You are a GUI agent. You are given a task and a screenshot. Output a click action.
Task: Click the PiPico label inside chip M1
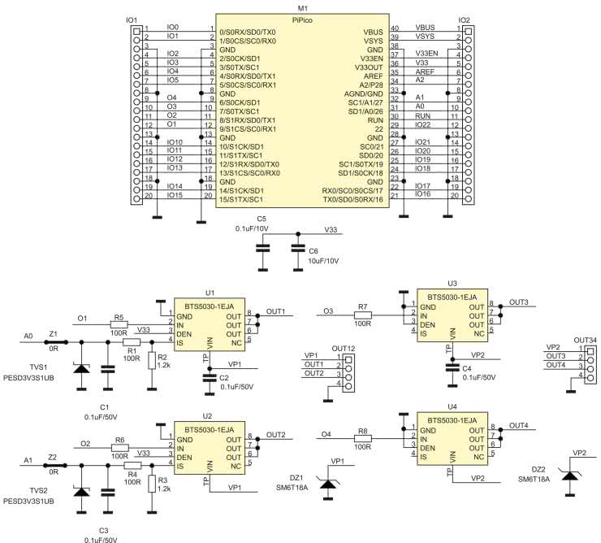click(303, 18)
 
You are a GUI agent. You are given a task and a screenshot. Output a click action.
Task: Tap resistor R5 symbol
click(119, 325)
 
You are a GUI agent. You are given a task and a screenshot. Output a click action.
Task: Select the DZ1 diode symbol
click(328, 485)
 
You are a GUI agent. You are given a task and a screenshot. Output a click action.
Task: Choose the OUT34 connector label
click(586, 340)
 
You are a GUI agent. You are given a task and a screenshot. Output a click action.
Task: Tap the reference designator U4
click(452, 406)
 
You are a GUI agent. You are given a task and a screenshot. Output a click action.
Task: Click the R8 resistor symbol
click(363, 438)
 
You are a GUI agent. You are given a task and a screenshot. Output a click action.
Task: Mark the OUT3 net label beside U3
click(519, 302)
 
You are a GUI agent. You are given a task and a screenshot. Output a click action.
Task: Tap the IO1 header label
click(132, 19)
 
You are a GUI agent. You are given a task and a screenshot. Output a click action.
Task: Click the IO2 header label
click(464, 19)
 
